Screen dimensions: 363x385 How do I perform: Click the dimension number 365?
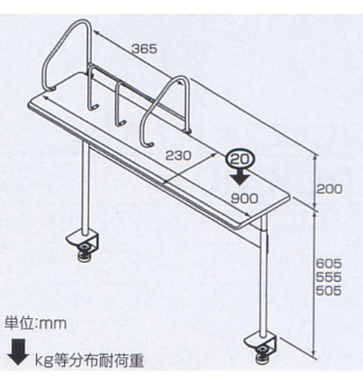coord(144,49)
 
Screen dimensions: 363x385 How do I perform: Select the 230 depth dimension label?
coord(178,155)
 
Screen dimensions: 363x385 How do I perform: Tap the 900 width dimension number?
coord(244,198)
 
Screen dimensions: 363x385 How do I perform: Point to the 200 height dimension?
coord(328,189)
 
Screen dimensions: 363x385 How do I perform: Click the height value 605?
coord(328,264)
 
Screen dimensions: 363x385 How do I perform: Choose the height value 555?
coord(328,277)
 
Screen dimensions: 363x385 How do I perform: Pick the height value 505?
coord(328,291)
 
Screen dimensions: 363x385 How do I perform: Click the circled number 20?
coord(241,159)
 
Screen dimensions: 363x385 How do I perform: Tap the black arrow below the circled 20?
coord(240,177)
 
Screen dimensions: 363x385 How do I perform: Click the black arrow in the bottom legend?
coord(18,352)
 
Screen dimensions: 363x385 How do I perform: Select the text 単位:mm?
coord(36,324)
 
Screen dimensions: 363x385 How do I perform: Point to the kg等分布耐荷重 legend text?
coord(89,360)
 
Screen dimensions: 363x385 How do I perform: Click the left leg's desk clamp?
coord(83,242)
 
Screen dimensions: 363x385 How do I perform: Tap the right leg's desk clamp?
coord(261,344)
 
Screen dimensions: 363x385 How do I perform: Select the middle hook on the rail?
coord(120,104)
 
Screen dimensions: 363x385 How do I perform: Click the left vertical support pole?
coord(85,188)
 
